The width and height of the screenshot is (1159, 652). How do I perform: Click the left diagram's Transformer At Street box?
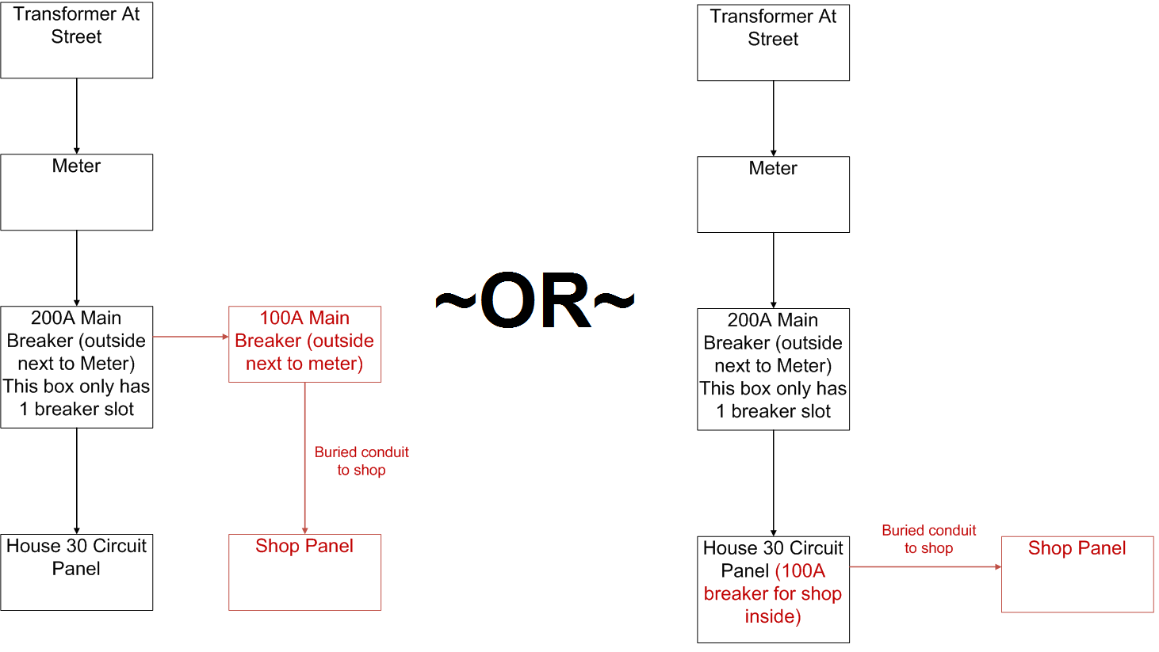76,40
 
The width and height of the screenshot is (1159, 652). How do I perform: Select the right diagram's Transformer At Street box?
773,42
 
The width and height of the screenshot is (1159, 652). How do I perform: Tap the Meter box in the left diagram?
76,192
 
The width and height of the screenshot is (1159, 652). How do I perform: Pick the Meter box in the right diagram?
773,194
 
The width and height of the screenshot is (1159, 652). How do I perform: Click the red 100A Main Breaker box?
304,344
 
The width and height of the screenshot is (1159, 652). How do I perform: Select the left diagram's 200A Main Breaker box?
76,366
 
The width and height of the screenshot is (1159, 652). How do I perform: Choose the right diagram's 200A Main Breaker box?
773,368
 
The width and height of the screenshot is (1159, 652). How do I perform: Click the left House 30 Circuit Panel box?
76,571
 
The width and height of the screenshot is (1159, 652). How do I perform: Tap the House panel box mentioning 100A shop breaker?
773,589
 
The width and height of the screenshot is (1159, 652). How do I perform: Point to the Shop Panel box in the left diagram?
304,571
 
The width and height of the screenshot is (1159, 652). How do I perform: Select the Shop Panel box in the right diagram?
1077,574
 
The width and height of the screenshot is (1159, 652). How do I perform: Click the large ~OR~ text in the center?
536,301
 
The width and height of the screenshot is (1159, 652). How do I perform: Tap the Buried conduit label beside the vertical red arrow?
361,461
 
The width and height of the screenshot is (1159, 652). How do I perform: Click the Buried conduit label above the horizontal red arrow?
928,539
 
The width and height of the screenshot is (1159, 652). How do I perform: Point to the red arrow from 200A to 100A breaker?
190,337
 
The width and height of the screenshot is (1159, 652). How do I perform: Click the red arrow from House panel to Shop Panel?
925,567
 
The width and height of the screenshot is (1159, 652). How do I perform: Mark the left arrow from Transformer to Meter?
77,116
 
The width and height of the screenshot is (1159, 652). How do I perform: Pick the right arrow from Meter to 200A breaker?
774,270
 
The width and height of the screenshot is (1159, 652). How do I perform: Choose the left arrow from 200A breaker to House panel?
77,481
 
